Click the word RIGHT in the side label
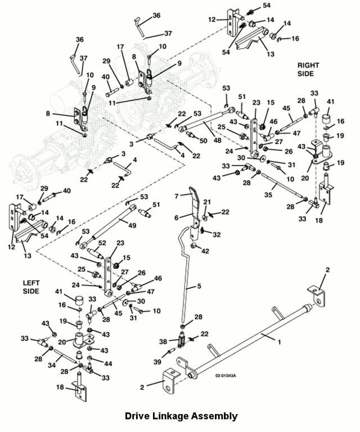pos(308,65)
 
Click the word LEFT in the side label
pos(31,282)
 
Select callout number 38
pos(162,341)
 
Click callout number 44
pos(109,364)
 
